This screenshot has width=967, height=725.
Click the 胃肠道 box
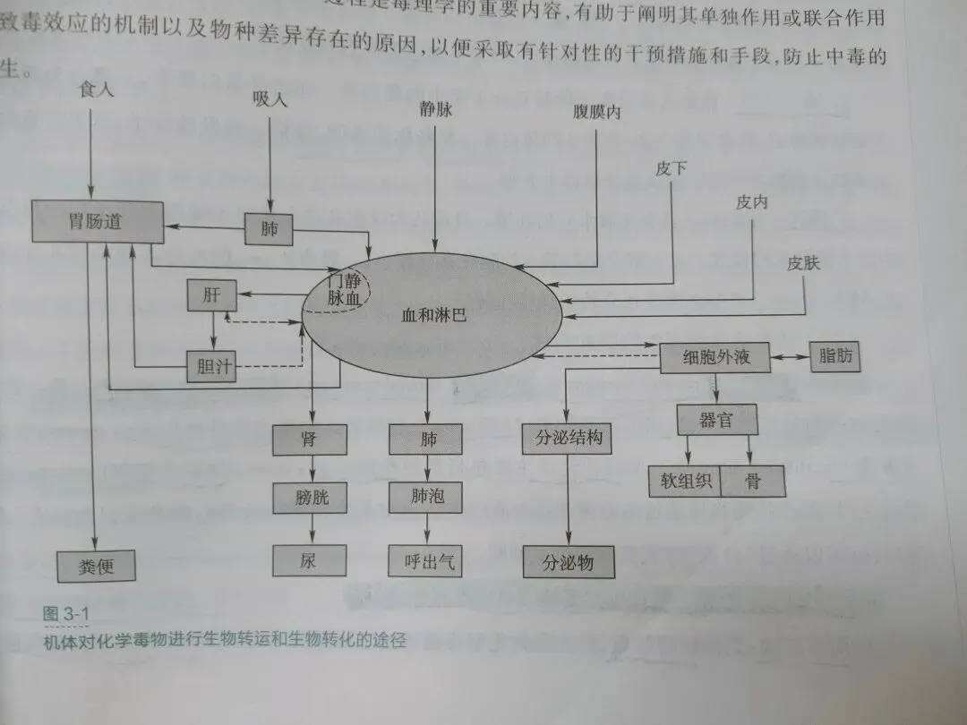(x=98, y=221)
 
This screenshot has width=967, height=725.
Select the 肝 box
(x=210, y=295)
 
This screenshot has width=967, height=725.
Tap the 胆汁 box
(x=210, y=365)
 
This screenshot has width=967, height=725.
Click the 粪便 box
(x=97, y=566)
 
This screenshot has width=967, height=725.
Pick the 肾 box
(x=309, y=439)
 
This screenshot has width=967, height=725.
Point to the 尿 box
(x=309, y=560)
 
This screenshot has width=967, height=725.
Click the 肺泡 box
(x=426, y=496)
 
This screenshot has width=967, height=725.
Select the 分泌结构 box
(x=569, y=439)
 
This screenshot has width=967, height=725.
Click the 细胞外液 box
(x=716, y=358)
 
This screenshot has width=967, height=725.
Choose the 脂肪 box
(x=835, y=355)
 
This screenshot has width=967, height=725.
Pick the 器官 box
(x=715, y=419)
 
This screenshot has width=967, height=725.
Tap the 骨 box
(x=752, y=482)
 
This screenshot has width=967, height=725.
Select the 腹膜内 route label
(x=596, y=115)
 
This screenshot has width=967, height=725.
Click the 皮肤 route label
(x=804, y=263)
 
